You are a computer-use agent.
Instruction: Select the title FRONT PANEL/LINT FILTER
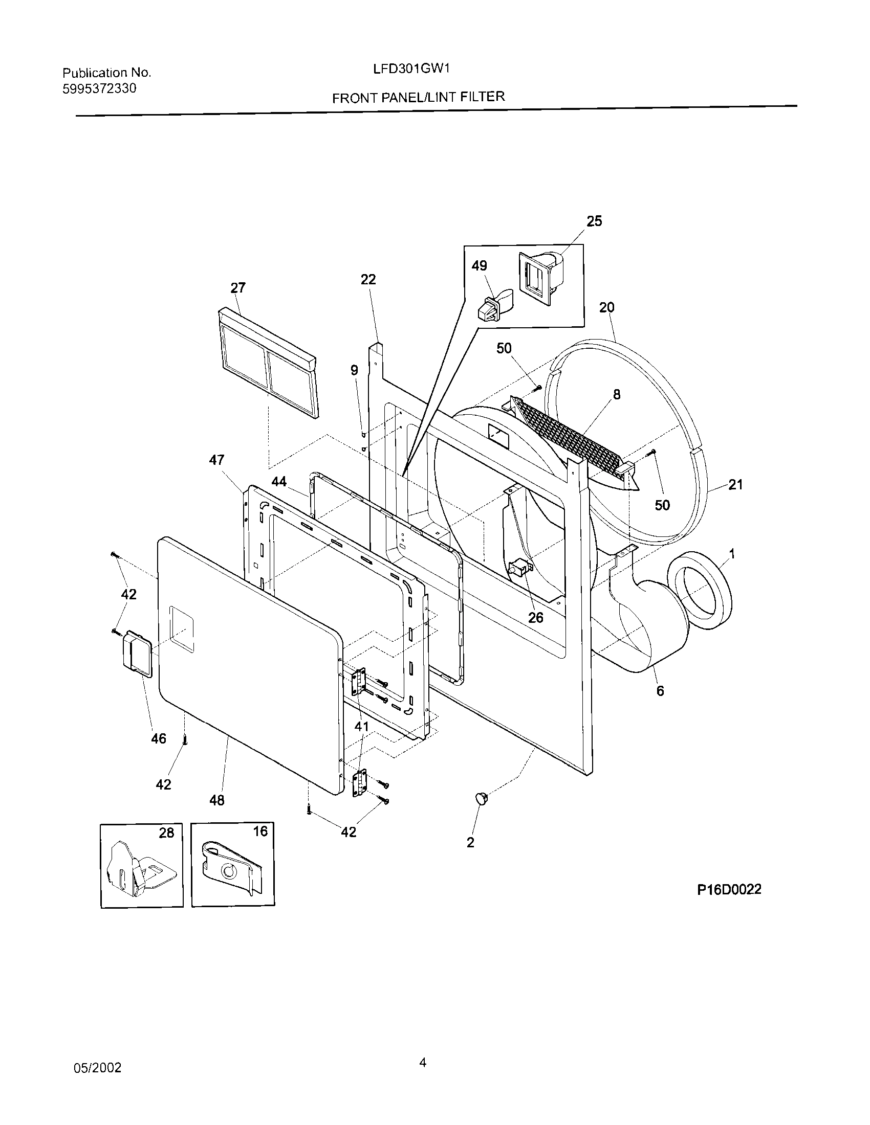tap(418, 97)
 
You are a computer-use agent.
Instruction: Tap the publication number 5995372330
tap(99, 88)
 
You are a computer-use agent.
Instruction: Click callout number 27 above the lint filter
tap(237, 287)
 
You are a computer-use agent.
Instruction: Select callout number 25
tap(594, 221)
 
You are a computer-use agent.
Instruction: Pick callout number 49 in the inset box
tap(479, 265)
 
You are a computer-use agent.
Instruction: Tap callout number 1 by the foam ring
tap(732, 554)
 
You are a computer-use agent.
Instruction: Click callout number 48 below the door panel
tap(217, 800)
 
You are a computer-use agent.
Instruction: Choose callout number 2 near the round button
tap(470, 842)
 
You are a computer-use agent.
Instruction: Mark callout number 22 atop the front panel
tap(368, 279)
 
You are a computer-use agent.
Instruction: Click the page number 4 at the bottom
tap(423, 1062)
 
